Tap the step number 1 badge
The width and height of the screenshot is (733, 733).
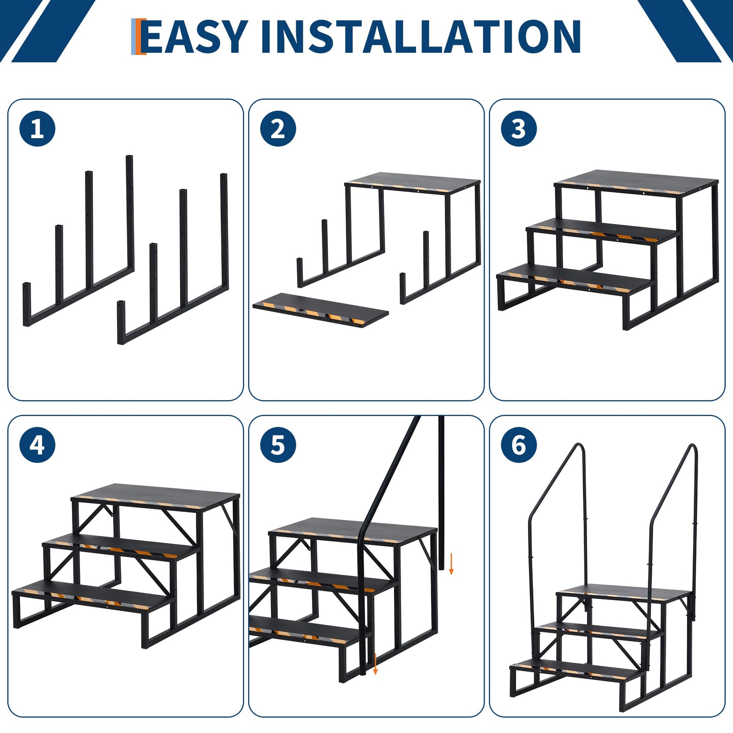pos(37,129)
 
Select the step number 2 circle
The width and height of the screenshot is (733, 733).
pos(278,129)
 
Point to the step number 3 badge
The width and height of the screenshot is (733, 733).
pos(519,129)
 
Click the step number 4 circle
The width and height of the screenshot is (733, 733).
pos(37,445)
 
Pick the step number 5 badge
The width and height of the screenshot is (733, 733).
pos(278,445)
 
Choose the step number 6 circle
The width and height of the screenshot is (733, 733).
pos(519,445)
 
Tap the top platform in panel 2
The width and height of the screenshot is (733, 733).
pos(413,182)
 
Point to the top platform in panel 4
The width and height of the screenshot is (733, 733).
pos(156,495)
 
